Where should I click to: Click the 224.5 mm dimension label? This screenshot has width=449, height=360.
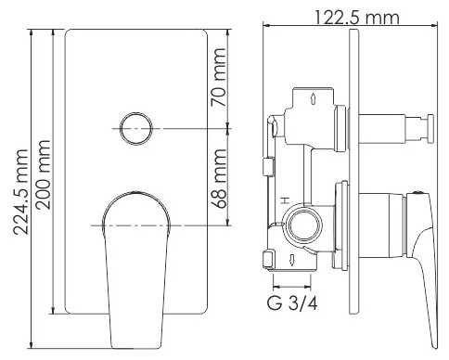click(x=21, y=192)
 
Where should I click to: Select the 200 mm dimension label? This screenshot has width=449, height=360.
click(x=44, y=174)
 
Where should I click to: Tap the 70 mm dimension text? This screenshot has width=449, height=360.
click(x=219, y=77)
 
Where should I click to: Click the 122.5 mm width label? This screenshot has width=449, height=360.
click(x=356, y=17)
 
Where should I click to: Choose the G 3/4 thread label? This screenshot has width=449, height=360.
click(x=292, y=302)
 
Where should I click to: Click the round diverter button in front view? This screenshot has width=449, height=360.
click(x=136, y=128)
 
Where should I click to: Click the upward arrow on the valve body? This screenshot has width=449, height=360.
click(x=313, y=98)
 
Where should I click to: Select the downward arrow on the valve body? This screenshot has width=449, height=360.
click(x=291, y=259)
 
